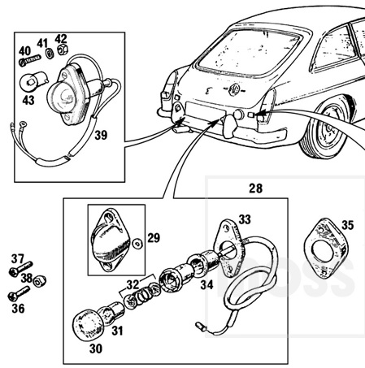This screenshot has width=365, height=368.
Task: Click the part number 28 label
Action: [256, 188]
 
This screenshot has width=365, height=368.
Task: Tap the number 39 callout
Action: [101, 135]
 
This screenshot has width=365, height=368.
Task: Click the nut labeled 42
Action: [63, 49]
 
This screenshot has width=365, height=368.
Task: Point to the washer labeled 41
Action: [50, 53]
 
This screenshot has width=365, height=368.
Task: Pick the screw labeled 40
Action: [29, 60]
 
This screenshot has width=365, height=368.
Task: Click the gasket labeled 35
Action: [325, 249]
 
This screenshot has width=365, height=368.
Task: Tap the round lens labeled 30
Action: [88, 325]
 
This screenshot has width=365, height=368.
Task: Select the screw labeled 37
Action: [20, 268]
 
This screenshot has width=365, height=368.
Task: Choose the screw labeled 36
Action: [19, 293]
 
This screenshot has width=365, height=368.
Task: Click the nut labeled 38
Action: [40, 282]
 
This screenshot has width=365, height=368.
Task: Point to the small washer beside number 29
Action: [137, 244]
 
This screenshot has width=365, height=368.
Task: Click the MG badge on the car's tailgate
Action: [233, 89]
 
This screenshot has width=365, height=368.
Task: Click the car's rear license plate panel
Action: [205, 111]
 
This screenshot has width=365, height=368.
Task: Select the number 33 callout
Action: [245, 219]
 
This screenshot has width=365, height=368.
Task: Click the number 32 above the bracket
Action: [133, 285]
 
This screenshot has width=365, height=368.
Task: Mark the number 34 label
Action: [207, 284]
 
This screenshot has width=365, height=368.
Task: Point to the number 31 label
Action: [117, 331]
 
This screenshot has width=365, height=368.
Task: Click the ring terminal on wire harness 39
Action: [23, 124]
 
